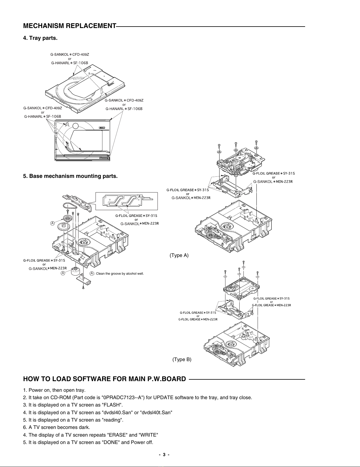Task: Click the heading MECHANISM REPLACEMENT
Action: point(69,26)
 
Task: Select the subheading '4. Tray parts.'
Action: point(40,38)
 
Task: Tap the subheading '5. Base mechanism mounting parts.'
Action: point(70,176)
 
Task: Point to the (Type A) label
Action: point(179,255)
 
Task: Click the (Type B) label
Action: point(182,359)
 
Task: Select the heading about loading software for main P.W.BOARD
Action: point(104,379)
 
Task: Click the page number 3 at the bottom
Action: point(164,455)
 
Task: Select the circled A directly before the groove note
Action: point(92,273)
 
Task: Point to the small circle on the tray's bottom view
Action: point(76,126)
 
